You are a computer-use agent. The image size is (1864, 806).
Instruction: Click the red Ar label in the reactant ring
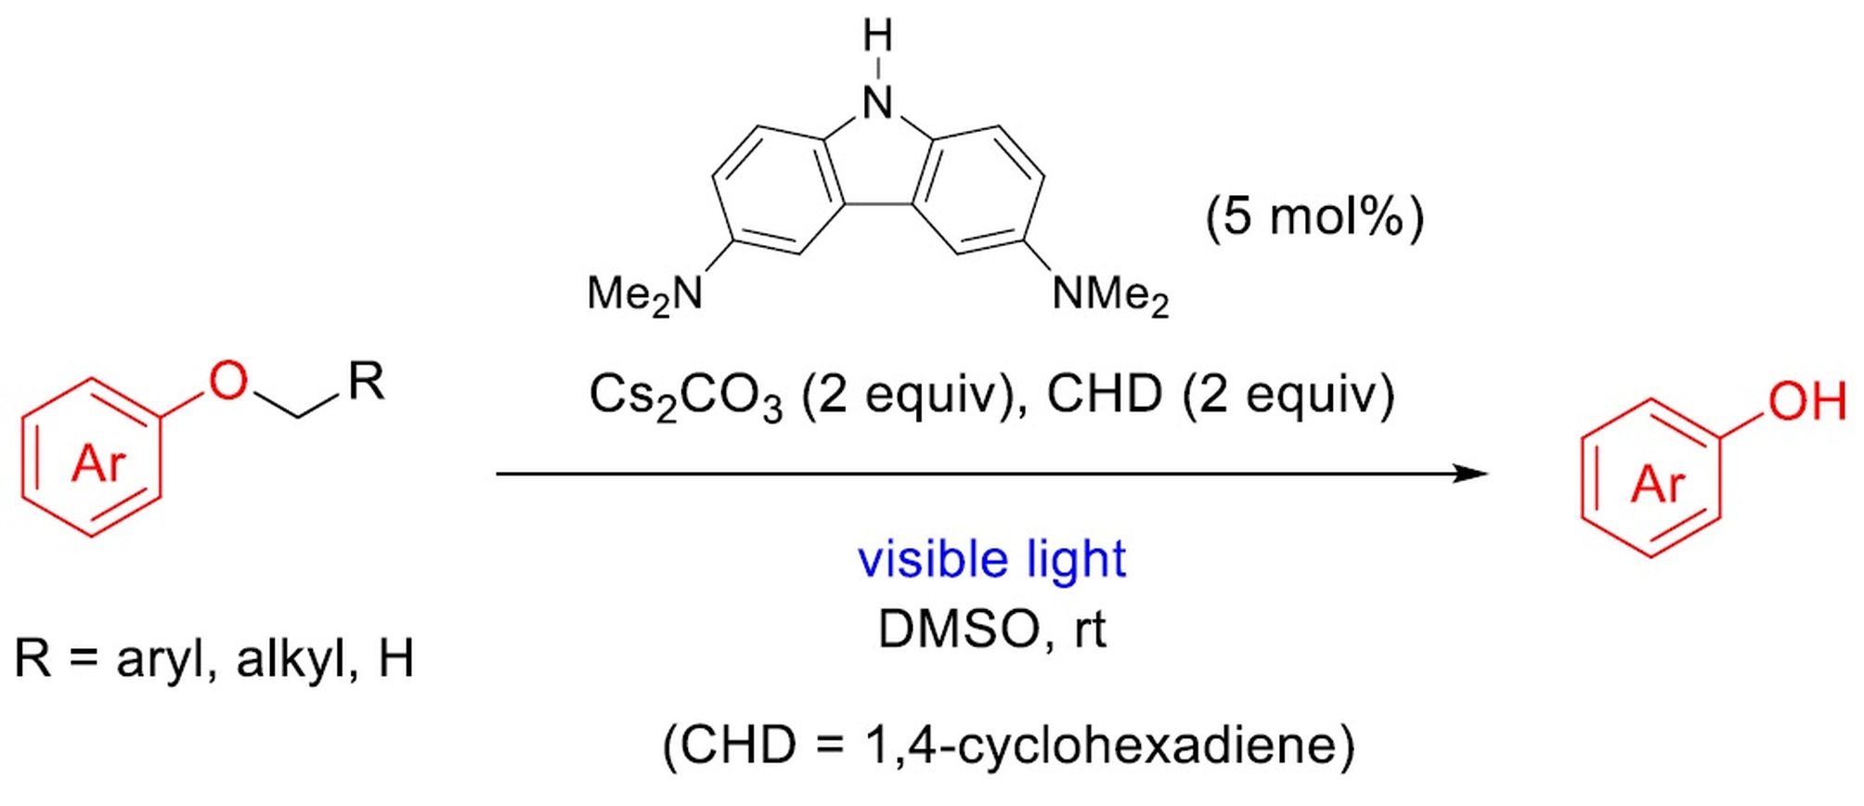[x=97, y=461]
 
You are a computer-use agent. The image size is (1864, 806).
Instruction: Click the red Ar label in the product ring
[x=1658, y=483]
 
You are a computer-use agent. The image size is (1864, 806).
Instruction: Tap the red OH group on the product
[x=1806, y=401]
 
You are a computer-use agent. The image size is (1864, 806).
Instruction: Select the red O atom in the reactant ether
[x=227, y=381]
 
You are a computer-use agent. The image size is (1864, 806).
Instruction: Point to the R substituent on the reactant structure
[x=366, y=381]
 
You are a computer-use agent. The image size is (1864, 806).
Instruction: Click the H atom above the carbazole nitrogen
[x=877, y=37]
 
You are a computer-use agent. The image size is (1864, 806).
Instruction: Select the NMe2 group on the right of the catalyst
[x=1110, y=295]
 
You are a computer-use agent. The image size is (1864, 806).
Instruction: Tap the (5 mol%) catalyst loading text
[x=1314, y=218]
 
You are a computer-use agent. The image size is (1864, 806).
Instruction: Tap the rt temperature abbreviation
[x=1090, y=630]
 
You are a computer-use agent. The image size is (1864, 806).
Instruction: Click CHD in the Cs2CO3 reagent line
[x=1104, y=395]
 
